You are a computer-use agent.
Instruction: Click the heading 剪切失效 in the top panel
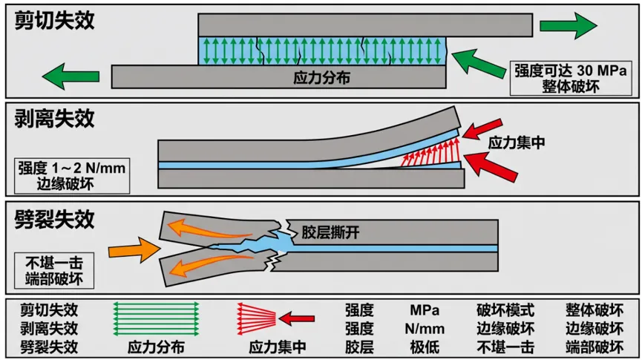[x=54, y=20]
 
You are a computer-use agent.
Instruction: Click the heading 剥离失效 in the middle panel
[x=54, y=119]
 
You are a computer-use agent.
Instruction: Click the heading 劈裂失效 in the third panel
[x=54, y=220]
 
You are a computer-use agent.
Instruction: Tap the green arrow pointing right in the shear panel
[x=569, y=25]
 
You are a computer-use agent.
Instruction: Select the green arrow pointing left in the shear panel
[x=71, y=76]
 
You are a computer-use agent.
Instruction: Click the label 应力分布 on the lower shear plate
[x=322, y=77]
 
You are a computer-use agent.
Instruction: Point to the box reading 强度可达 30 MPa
[x=571, y=78]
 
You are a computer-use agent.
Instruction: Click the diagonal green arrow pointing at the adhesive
[x=478, y=65]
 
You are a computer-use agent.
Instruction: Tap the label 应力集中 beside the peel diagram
[x=517, y=143]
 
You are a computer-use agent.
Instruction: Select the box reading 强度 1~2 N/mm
[x=72, y=176]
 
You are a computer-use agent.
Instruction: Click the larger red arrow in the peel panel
[x=491, y=167]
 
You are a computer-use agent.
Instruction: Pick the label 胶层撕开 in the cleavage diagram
[x=331, y=232]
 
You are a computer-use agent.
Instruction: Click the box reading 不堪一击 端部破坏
[x=54, y=271]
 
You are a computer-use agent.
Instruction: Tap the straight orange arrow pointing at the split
[x=134, y=250]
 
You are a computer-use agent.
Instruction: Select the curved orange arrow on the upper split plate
[x=211, y=229]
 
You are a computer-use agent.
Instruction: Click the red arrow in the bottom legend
[x=296, y=318]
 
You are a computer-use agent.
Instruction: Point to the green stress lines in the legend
[x=156, y=319]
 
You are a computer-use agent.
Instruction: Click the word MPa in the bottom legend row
[x=425, y=310]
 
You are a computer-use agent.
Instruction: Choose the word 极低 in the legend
[x=425, y=347]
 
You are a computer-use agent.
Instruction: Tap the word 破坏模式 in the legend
[x=505, y=310]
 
